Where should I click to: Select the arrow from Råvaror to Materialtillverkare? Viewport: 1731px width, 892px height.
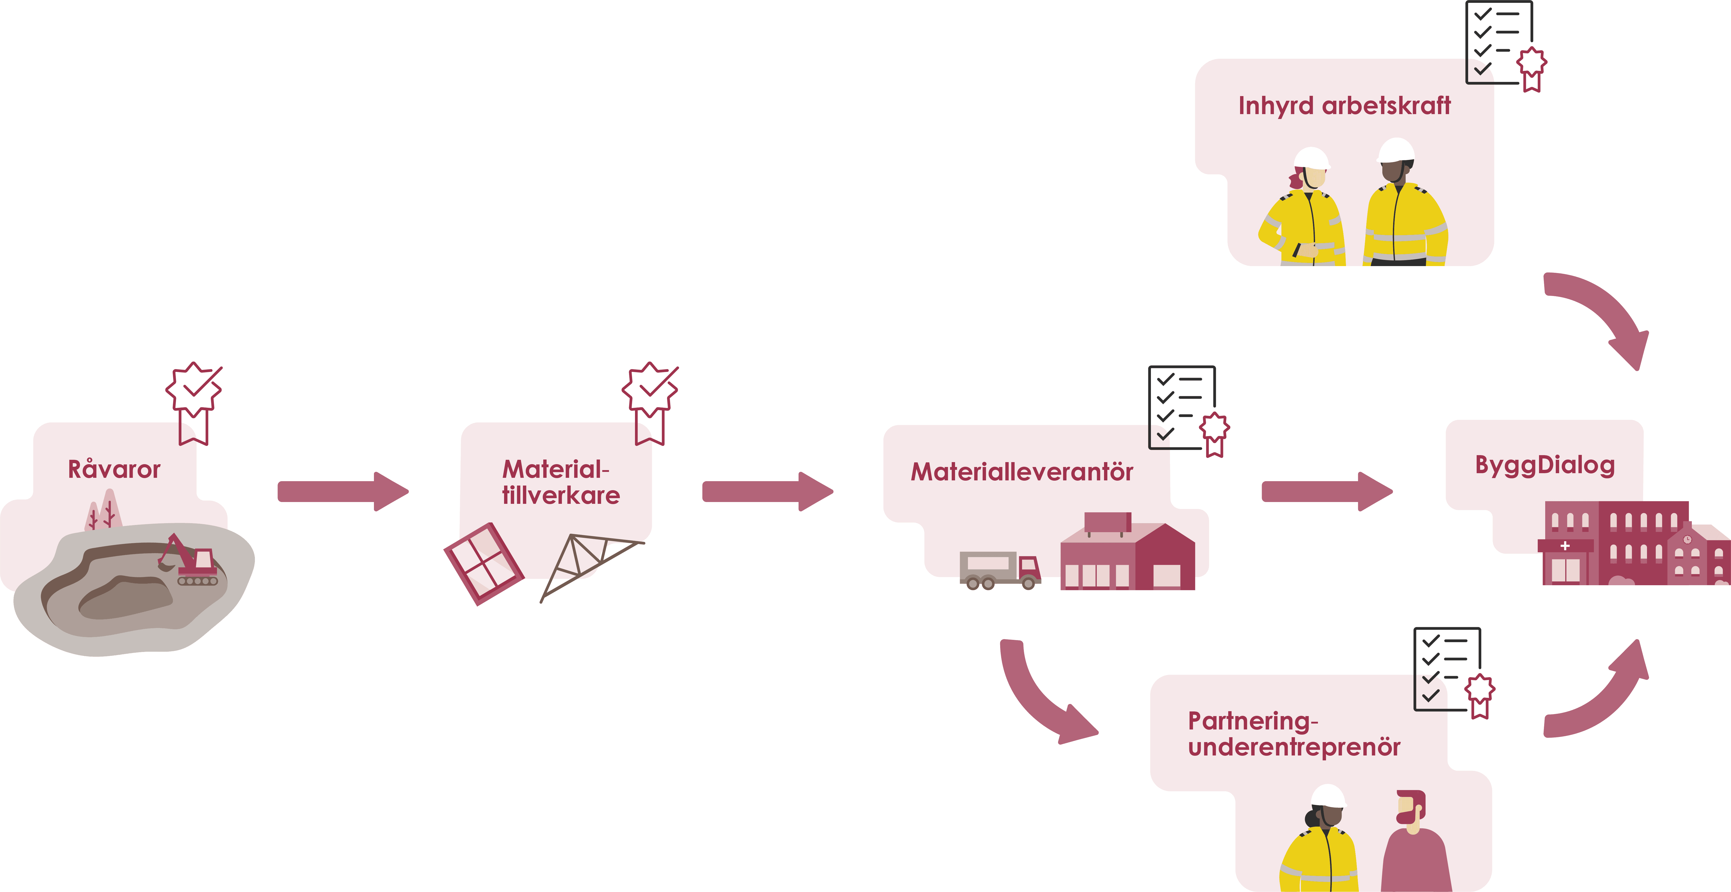pyautogui.click(x=343, y=492)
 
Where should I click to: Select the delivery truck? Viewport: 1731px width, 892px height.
pyautogui.click(x=999, y=570)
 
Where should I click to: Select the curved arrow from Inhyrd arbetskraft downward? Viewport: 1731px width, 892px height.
pyautogui.click(x=1603, y=316)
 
